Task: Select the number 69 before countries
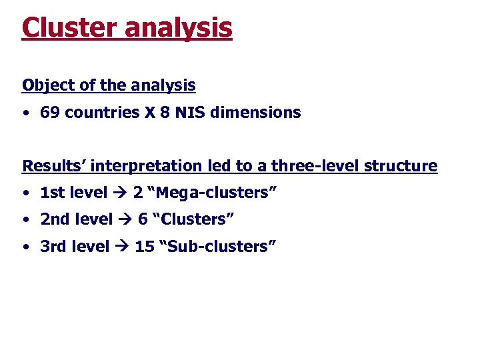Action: point(49,113)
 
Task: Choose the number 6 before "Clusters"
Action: point(142,220)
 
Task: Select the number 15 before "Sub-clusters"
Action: point(144,247)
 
